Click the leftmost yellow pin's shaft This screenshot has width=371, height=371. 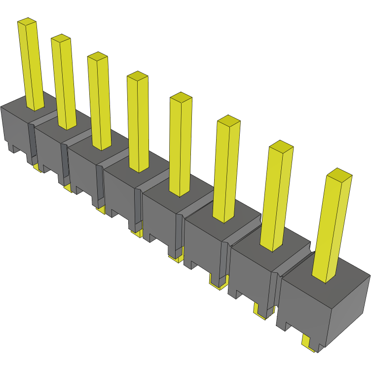[31, 64]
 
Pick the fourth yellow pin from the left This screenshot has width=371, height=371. [138, 123]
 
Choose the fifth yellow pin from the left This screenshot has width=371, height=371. [180, 146]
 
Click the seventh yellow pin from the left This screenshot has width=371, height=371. [275, 197]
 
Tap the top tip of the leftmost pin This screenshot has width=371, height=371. [27, 22]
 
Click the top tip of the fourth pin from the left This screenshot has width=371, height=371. [138, 75]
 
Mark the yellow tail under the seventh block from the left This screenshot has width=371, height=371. [260, 312]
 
